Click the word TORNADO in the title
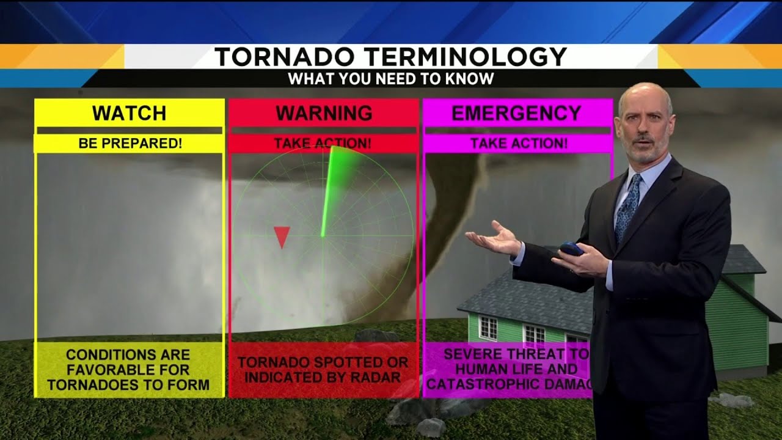283,57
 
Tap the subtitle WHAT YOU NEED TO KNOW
391,79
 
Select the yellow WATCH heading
129,113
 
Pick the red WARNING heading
323,113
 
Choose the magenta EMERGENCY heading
516,113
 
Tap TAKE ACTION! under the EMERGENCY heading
518,144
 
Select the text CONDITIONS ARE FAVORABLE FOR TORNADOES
128,369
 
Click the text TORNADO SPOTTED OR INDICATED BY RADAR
323,369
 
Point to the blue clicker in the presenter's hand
572,249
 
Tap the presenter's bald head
645,98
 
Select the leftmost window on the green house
488,328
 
